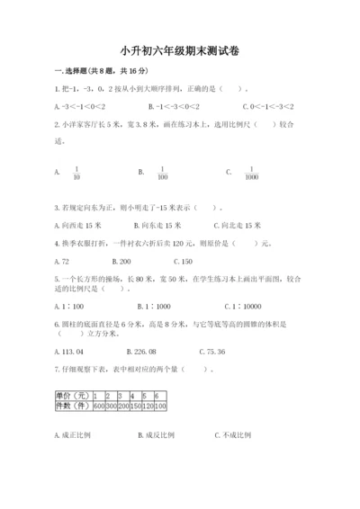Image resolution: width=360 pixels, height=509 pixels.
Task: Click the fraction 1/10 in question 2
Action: (x=77, y=174)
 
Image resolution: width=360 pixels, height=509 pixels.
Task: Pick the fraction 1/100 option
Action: (x=163, y=174)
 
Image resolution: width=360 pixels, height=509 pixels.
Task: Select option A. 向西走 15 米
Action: (x=79, y=226)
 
